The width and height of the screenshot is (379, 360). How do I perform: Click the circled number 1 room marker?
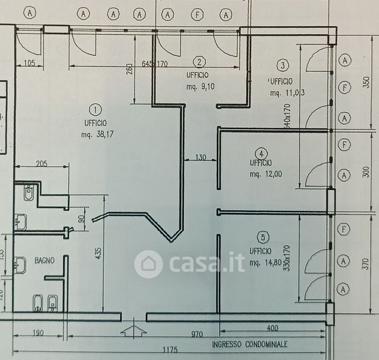click(x=95, y=109)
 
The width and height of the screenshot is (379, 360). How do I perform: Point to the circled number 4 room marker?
click(x=261, y=152)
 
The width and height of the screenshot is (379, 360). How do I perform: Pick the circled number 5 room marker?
click(x=261, y=236)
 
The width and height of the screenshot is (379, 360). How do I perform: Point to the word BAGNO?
click(x=44, y=260)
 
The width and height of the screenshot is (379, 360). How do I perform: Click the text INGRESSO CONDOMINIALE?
click(x=249, y=344)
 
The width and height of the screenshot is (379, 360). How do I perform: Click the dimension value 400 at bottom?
click(x=272, y=328)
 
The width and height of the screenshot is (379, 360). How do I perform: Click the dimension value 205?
click(x=41, y=164)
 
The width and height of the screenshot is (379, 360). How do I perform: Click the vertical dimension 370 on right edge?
click(x=366, y=262)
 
